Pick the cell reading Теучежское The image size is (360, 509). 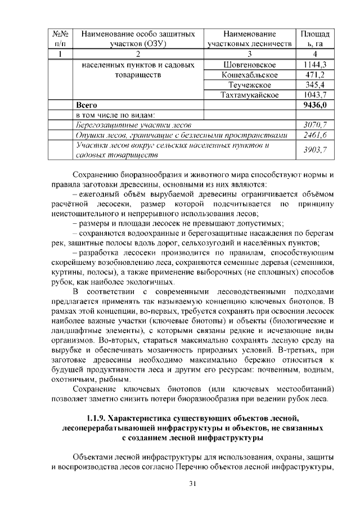click(249, 84)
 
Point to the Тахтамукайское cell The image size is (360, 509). click(249, 94)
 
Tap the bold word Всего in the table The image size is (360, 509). click(87, 105)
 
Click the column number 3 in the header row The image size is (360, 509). click(249, 54)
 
